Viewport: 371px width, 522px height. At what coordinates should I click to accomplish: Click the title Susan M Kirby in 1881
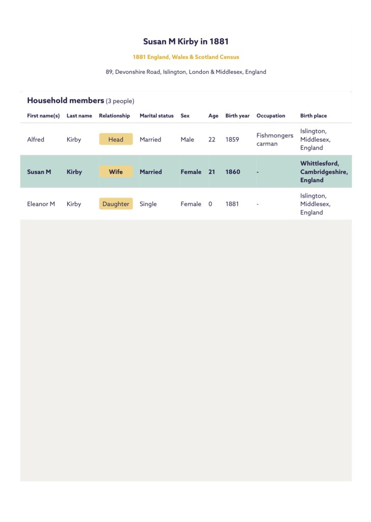tap(185, 41)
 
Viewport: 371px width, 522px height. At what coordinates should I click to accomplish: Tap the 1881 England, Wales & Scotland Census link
tap(185, 57)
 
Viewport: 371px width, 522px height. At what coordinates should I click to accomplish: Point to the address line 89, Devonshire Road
tap(185, 72)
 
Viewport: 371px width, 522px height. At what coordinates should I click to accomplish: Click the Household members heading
tap(65, 100)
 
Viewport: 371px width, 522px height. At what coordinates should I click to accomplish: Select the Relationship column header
tap(114, 116)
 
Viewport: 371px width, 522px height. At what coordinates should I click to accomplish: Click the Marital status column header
tap(156, 116)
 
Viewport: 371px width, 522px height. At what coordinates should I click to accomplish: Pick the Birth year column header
tap(237, 116)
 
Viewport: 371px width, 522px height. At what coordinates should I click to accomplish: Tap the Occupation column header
tap(271, 116)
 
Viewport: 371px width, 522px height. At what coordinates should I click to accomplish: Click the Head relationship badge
tap(116, 139)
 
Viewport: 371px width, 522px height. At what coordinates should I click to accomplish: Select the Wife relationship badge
tap(116, 172)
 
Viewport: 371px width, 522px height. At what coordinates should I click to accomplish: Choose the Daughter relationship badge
tap(116, 204)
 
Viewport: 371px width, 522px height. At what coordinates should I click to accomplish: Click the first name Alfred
tap(36, 139)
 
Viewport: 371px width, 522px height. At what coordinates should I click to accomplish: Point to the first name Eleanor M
tap(41, 204)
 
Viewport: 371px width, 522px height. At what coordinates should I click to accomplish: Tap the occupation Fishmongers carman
tap(274, 139)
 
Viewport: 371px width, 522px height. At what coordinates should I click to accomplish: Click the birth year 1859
tap(232, 139)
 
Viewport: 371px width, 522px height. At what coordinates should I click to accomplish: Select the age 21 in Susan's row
tap(211, 172)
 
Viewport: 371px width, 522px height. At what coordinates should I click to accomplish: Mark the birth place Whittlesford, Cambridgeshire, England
tap(324, 172)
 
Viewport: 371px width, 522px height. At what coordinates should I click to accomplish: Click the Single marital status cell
tap(148, 204)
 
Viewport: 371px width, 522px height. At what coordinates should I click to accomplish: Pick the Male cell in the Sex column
tap(187, 139)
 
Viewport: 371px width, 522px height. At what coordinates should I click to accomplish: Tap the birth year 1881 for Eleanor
tap(232, 204)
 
